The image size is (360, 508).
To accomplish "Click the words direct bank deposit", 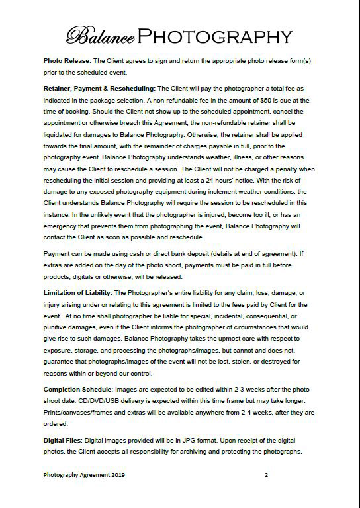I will tap(142, 253).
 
